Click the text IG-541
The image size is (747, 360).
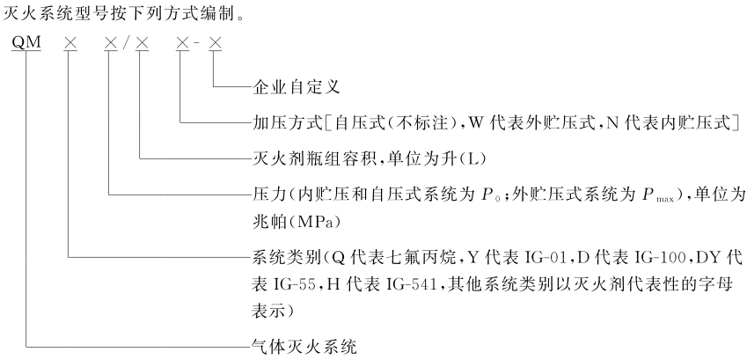coord(411,285)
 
